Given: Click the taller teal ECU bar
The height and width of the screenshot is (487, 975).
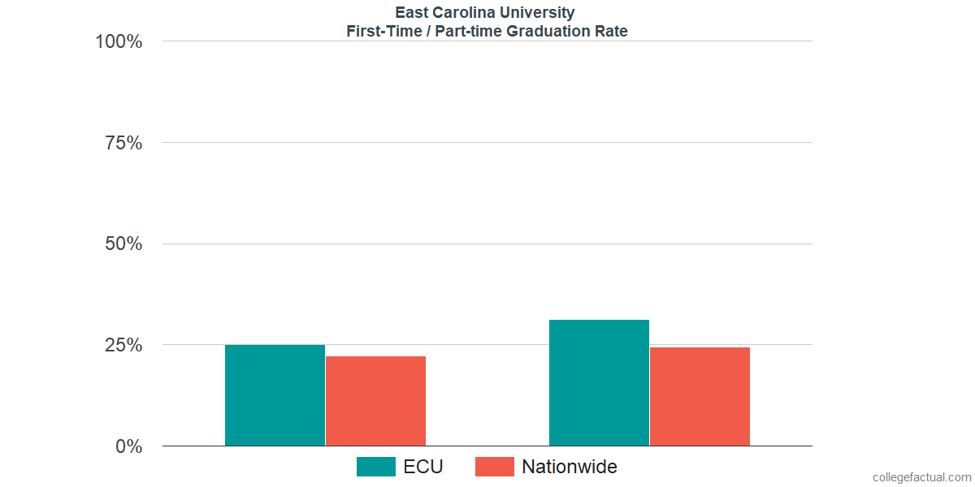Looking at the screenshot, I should coord(599,382).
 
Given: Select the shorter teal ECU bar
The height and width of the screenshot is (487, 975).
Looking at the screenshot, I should coord(275,395).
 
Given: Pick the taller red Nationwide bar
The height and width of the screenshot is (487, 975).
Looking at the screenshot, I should coord(700,396).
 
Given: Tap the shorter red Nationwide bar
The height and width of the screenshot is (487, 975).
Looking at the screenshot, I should coord(375,401).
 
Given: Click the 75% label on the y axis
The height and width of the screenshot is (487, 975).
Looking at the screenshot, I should coord(123,143).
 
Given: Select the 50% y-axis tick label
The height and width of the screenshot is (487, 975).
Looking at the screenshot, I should coord(123,244).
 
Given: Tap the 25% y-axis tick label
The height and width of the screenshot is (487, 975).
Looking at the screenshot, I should coord(123,346).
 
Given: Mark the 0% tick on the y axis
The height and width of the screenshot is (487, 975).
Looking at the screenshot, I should coord(128,446).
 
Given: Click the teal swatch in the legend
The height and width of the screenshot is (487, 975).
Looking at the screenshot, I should coord(375,467).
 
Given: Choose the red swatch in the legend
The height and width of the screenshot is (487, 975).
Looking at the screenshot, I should coord(494,467).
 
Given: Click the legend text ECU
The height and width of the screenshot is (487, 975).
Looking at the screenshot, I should coord(423,467).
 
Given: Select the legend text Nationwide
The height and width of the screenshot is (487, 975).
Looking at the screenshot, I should coord(569,467).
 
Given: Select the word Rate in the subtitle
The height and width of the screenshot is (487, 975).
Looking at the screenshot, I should coord(611,32).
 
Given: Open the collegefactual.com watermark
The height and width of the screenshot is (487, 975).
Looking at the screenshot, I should coord(921,477).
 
